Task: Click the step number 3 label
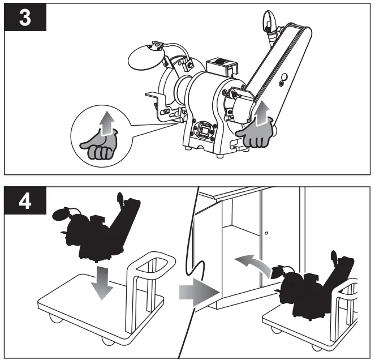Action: coord(25,18)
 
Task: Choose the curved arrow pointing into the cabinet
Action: coord(252,263)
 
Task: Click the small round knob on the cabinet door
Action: coord(266,233)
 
